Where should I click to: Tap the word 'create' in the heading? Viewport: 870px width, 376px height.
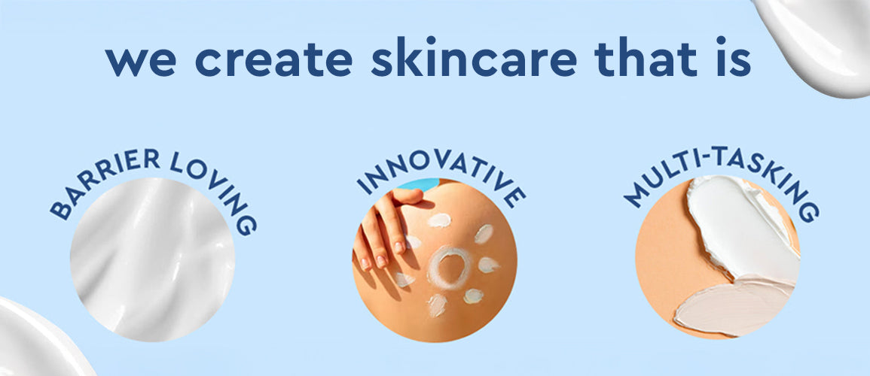click(273, 60)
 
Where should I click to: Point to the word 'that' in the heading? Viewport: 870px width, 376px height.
click(646, 56)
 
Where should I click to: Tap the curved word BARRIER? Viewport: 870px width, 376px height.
click(100, 177)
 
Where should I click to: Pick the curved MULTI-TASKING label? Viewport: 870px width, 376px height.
click(722, 174)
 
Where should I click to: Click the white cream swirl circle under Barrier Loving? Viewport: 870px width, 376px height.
click(153, 260)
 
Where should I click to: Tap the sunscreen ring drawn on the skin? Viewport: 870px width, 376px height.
click(450, 268)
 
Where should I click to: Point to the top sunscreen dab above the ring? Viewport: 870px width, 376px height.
click(439, 220)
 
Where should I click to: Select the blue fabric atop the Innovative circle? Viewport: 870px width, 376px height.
click(419, 184)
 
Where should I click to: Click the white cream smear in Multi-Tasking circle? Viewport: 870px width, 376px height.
click(738, 227)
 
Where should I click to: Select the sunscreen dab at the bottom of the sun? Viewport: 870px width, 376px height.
click(437, 305)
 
